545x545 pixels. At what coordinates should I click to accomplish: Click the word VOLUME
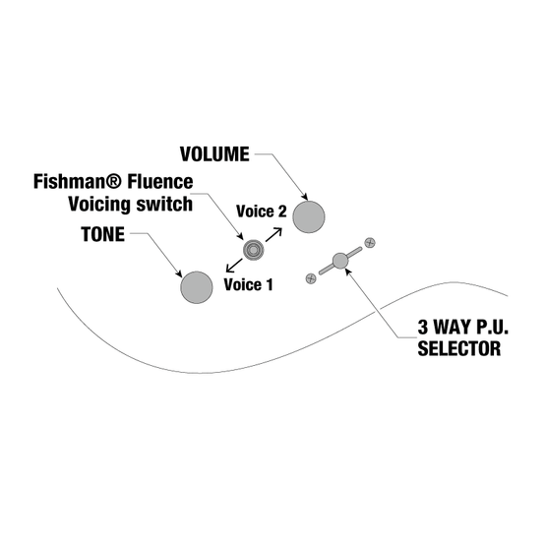(214, 154)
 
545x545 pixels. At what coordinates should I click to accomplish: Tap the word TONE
(103, 234)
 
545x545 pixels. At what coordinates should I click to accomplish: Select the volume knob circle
(309, 216)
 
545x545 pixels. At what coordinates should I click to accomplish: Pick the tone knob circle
(197, 287)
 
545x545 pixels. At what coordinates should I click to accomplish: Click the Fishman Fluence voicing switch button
(254, 250)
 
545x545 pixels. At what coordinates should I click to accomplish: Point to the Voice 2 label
(262, 212)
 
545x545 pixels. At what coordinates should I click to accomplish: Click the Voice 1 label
(248, 284)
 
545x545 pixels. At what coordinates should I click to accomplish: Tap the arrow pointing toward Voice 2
(273, 234)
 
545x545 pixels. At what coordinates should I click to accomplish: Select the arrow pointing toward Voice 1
(234, 266)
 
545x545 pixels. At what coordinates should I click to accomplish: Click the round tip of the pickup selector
(340, 261)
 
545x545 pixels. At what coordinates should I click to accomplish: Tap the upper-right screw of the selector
(370, 242)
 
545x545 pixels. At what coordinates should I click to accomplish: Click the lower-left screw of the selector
(311, 278)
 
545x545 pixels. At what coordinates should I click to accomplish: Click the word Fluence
(160, 181)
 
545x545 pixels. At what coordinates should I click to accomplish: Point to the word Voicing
(99, 204)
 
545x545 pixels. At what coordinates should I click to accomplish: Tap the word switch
(164, 204)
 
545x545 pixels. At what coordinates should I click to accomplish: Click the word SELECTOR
(459, 348)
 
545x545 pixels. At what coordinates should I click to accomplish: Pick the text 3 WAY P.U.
(462, 327)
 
